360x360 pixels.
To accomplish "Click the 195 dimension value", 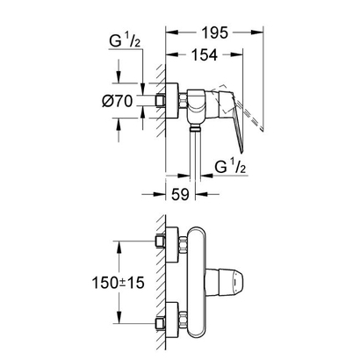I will click(214, 32).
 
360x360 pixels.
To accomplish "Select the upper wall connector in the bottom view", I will click(159, 241).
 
